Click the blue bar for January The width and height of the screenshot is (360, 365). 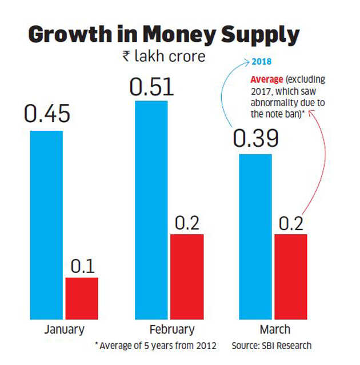[x=46, y=224]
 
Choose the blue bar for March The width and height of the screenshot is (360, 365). [x=256, y=236]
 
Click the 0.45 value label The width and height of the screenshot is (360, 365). [x=47, y=114]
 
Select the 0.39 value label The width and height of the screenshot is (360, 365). [x=255, y=138]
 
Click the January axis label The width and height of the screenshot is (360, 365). [x=64, y=330]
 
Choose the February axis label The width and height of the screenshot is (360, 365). [x=171, y=330]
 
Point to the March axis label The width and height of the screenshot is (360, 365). [x=275, y=330]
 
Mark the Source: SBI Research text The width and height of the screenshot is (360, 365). [x=271, y=346]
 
